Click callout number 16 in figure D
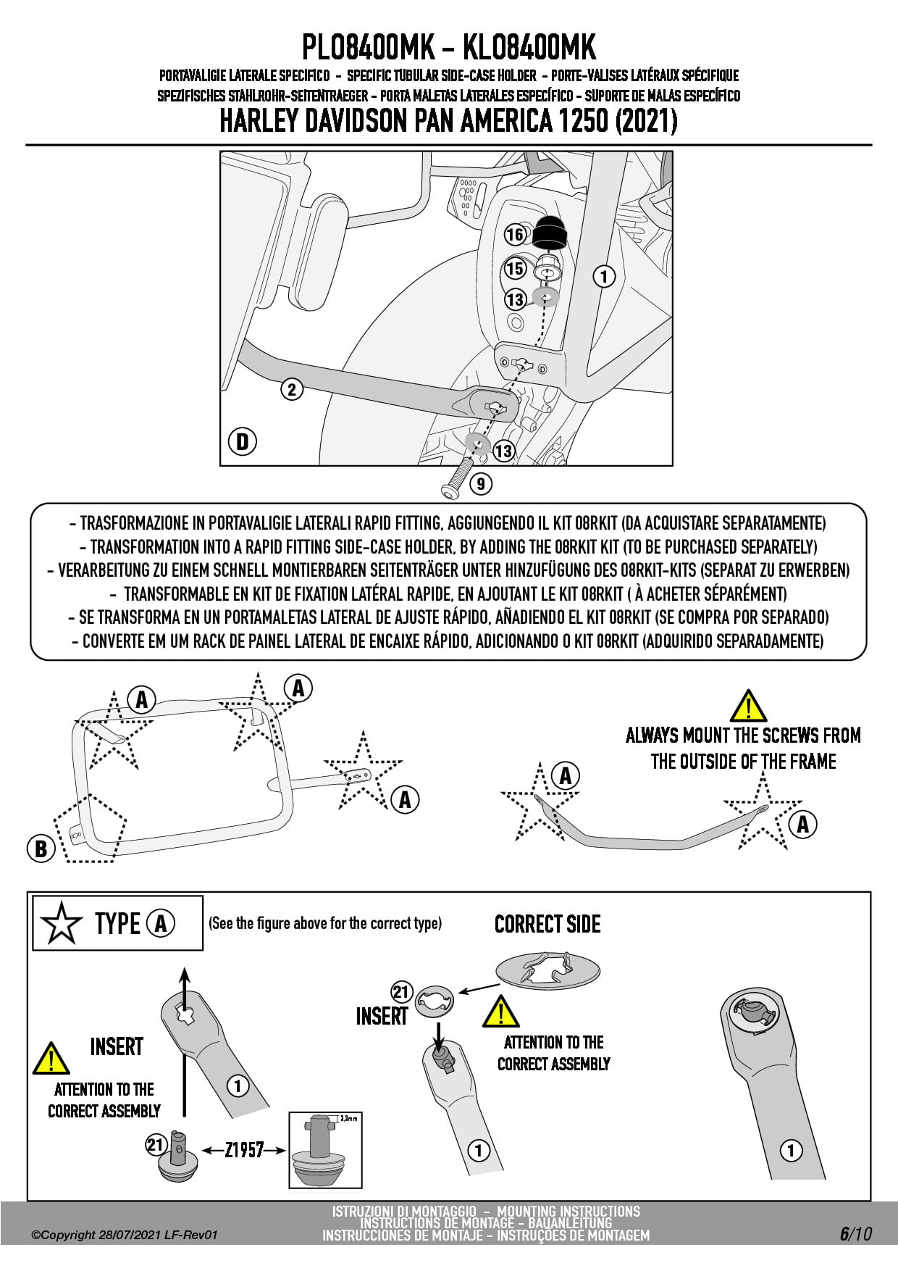click(x=514, y=235)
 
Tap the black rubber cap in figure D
click(x=552, y=231)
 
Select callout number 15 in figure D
click(x=514, y=269)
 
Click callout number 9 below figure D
click(x=480, y=483)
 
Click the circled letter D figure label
click(x=243, y=441)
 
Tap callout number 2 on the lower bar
click(x=291, y=390)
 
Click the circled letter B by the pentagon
click(x=41, y=849)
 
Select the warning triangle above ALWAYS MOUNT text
click(x=747, y=706)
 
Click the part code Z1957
click(x=243, y=1150)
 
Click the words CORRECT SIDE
click(x=547, y=925)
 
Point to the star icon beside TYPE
click(x=62, y=924)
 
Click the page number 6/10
click(x=855, y=1233)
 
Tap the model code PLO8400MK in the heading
click(x=367, y=48)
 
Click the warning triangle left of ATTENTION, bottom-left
click(x=50, y=1059)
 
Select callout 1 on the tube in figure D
click(x=603, y=276)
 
